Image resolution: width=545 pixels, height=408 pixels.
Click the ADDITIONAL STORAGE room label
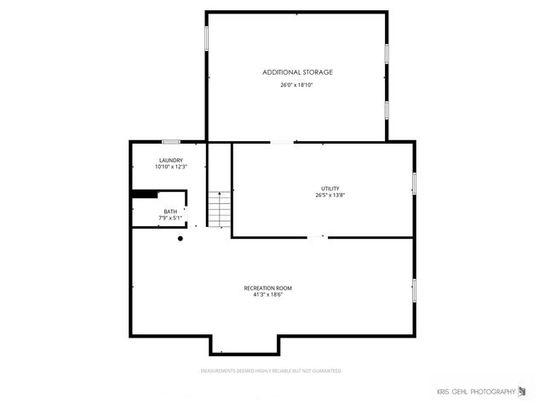click(x=297, y=72)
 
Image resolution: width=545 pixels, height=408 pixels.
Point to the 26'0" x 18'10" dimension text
click(x=297, y=85)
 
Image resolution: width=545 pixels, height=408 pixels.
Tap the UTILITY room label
click(x=330, y=188)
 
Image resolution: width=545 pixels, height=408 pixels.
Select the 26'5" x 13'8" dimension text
click(x=330, y=195)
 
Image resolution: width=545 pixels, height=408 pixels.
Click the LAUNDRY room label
click(x=170, y=160)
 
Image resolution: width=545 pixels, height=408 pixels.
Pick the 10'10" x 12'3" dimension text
click(x=170, y=167)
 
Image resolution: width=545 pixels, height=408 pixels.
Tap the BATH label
click(x=170, y=211)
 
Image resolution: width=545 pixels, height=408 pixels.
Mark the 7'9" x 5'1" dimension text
click(x=170, y=218)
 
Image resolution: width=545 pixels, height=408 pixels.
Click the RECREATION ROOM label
click(x=272, y=288)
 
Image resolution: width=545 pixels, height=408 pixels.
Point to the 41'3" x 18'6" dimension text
click(x=272, y=295)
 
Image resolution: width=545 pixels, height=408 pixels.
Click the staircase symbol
click(x=220, y=209)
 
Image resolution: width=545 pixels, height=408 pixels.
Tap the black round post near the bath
click(x=181, y=239)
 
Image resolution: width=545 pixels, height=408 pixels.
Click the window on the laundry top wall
click(x=171, y=141)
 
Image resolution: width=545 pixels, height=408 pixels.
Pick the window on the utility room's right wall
click(x=414, y=183)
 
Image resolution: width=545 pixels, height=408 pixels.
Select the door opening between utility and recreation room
click(x=317, y=237)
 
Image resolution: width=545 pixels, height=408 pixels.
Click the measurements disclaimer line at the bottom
click(x=271, y=371)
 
